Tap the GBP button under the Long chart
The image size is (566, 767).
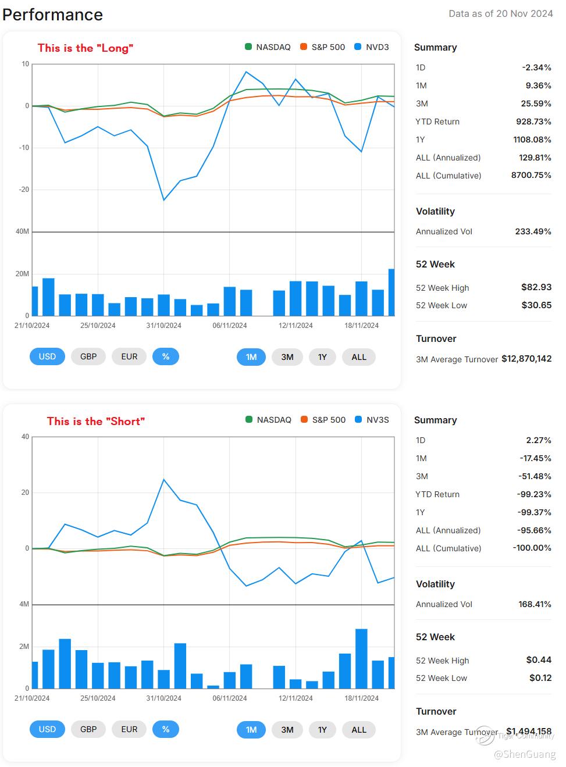88,356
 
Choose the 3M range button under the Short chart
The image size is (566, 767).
287,730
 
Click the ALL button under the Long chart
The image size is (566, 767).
359,357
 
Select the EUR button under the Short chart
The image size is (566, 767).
129,729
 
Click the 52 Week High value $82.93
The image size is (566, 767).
536,287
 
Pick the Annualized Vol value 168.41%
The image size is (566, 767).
535,604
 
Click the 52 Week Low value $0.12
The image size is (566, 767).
539,678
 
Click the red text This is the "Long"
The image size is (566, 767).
86,48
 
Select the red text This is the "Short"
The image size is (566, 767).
96,421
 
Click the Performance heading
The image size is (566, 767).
53,15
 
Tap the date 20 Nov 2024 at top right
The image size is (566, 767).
524,13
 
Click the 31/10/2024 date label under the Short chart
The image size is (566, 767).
163,698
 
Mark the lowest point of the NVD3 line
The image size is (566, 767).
164,200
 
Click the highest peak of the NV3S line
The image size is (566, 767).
164,480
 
